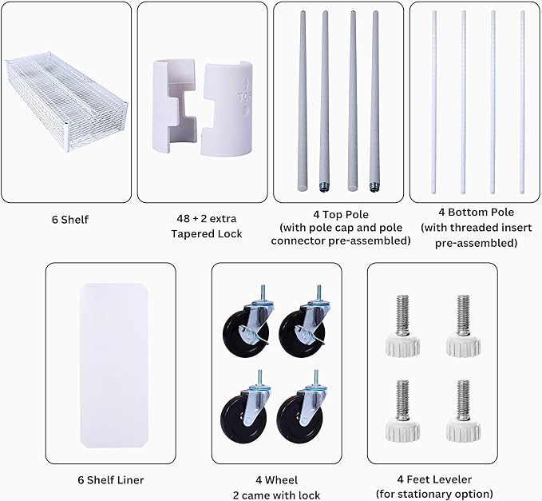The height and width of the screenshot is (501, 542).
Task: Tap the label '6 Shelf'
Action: click(x=70, y=220)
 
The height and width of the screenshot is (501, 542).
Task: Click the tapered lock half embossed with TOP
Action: click(x=227, y=109)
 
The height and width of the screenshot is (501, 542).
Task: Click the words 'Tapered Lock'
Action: click(x=207, y=234)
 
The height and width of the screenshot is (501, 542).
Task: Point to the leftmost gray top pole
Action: click(x=303, y=101)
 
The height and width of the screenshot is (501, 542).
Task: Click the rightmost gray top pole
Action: click(x=374, y=101)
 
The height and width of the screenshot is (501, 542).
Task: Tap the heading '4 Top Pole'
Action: click(x=341, y=214)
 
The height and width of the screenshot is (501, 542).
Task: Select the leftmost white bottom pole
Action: click(x=434, y=102)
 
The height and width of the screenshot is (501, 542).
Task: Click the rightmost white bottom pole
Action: click(x=522, y=102)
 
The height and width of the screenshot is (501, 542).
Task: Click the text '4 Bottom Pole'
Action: click(x=476, y=212)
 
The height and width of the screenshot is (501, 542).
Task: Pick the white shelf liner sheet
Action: click(x=114, y=365)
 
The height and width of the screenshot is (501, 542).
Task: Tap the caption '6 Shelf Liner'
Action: click(x=111, y=480)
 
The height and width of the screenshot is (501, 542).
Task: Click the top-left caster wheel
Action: click(x=247, y=323)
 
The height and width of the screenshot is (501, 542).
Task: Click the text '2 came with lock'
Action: click(x=276, y=495)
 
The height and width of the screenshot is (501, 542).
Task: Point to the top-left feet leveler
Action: click(x=402, y=325)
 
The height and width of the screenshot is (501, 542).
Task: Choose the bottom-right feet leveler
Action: click(x=463, y=411)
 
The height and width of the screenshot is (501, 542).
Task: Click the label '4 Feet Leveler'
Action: click(x=434, y=479)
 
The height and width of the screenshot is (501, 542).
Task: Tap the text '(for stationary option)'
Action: click(x=434, y=494)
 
